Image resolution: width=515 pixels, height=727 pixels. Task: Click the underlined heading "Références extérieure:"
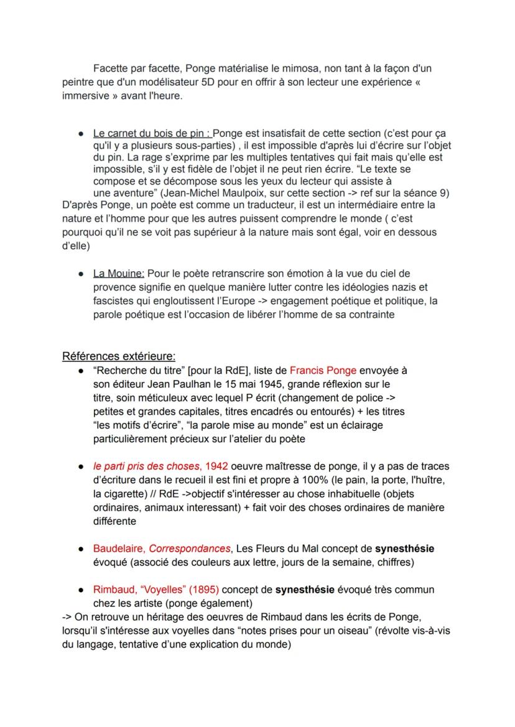coord(119,356)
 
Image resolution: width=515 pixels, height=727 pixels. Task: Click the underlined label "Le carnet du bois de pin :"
coord(152,133)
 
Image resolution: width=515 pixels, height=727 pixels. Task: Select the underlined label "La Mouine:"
coord(118,273)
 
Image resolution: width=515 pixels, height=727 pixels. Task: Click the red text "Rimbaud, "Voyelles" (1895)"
coord(156,589)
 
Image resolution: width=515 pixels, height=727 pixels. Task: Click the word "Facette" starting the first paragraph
coord(110,68)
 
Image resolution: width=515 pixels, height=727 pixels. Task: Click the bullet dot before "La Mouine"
coord(81,274)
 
